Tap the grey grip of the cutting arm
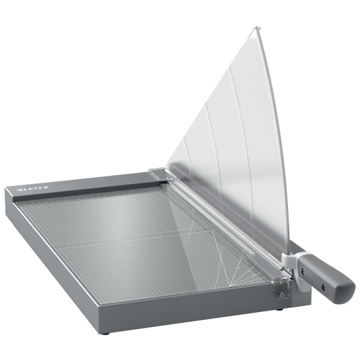coord(327,278)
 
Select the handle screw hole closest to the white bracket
coord(303,271)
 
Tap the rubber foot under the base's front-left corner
coord(106,332)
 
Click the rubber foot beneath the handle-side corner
coord(280,310)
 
